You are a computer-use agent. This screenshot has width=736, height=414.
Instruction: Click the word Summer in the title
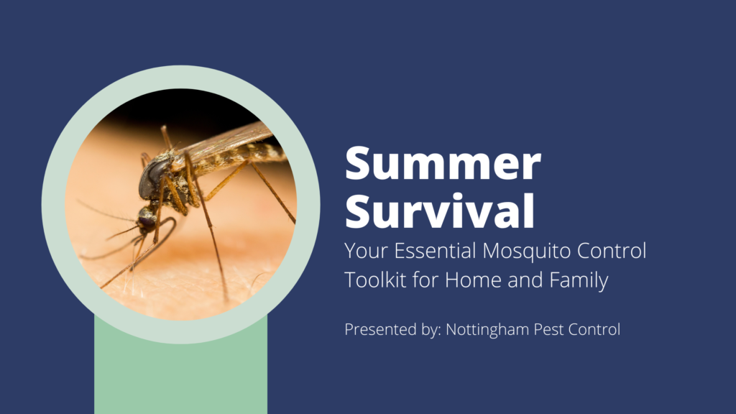[442, 165]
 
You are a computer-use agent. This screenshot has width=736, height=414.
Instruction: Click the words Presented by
[392, 330]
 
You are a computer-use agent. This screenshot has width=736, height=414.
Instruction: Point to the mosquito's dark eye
[153, 175]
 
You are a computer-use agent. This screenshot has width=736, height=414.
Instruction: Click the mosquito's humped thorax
[176, 169]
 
